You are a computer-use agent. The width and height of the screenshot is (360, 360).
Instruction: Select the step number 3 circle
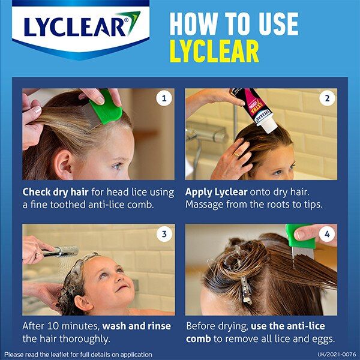click(164, 235)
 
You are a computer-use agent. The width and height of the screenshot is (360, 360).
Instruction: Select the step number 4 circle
click(327, 235)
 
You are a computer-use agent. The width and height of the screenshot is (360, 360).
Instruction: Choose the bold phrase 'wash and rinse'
click(137, 326)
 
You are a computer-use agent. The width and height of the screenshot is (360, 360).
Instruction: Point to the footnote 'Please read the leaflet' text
click(78, 355)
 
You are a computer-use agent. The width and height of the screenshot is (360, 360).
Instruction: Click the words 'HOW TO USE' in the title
click(233, 23)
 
